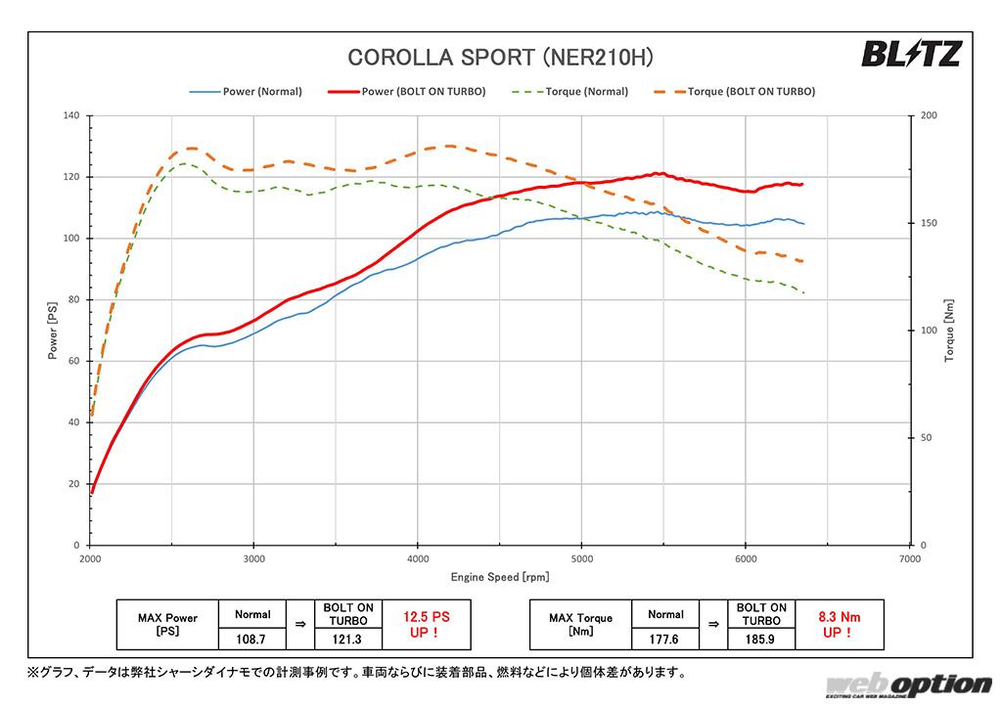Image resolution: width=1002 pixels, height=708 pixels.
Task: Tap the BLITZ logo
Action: pos(911,54)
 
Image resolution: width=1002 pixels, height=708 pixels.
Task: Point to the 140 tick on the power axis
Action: pos(69,115)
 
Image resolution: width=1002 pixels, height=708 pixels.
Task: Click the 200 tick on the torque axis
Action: pos(929,115)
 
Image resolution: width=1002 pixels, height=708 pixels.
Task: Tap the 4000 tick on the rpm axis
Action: pos(418,559)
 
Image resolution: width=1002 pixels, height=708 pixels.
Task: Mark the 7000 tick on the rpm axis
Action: pos(909,559)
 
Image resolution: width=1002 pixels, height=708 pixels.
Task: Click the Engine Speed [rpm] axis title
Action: pos(499,578)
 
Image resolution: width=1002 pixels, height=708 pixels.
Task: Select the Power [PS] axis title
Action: pos(53,330)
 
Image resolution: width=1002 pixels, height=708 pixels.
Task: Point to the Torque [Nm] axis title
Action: pos(949,330)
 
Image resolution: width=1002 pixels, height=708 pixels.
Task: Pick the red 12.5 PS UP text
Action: pos(426,625)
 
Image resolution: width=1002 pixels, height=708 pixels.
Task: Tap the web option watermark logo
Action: pos(908,686)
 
